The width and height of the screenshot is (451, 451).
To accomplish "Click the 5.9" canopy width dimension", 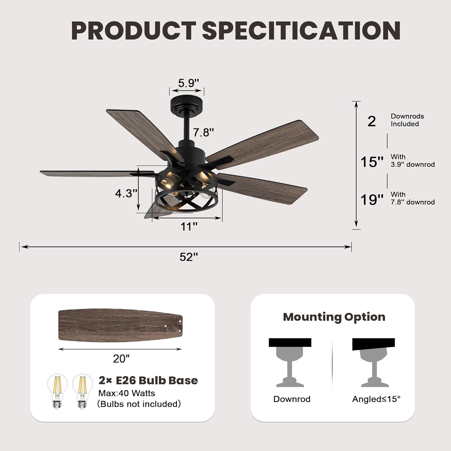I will pyautogui.click(x=189, y=83).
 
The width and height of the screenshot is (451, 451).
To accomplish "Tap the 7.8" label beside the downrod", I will pyautogui.click(x=203, y=132).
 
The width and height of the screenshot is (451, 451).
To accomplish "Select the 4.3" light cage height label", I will pyautogui.click(x=126, y=193).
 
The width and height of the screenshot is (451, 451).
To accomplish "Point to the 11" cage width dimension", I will pyautogui.click(x=189, y=226).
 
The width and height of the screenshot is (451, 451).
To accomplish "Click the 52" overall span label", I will pyautogui.click(x=189, y=257).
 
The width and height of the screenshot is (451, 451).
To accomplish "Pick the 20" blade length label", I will pyautogui.click(x=121, y=358).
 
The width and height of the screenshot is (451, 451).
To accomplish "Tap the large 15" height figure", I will pyautogui.click(x=372, y=162).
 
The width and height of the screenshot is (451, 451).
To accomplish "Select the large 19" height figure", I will pyautogui.click(x=372, y=200).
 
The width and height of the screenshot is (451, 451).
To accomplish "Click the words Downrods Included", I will pyautogui.click(x=407, y=120).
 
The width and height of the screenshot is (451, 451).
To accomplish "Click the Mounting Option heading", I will pyautogui.click(x=334, y=317).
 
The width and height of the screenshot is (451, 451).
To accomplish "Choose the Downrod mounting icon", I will pyautogui.click(x=290, y=362).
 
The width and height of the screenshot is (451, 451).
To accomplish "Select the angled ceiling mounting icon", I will pyautogui.click(x=374, y=362).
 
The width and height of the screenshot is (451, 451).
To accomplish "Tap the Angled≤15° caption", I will pyautogui.click(x=376, y=399).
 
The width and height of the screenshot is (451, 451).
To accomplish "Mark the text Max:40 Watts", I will pyautogui.click(x=127, y=393).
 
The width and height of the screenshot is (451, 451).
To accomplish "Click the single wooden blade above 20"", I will pyautogui.click(x=120, y=325).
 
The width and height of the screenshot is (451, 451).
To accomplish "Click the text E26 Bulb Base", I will pyautogui.click(x=157, y=380).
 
